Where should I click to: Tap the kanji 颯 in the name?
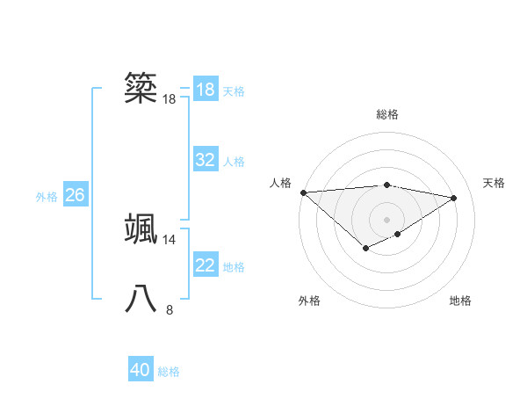pos(141,228)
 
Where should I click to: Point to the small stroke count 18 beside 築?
pos(169,99)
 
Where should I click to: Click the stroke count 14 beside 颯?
pos(169,239)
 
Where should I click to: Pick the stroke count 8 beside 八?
pos(170,309)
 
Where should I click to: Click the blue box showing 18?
pos(206,90)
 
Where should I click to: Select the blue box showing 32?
pos(206,160)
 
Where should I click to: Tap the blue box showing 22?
pos(206,265)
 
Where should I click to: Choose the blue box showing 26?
pos(75,195)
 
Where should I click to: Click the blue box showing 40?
pos(141,370)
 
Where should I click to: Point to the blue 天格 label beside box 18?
pos(234,91)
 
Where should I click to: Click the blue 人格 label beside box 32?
pos(234,161)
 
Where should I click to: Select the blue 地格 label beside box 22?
pos(234,266)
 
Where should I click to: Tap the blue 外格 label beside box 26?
pos(47,196)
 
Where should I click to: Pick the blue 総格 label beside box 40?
pos(169,372)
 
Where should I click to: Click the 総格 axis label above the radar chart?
pos(386,114)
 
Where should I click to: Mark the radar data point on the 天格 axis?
pos(454,198)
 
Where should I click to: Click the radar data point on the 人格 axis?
pos(303,192)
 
